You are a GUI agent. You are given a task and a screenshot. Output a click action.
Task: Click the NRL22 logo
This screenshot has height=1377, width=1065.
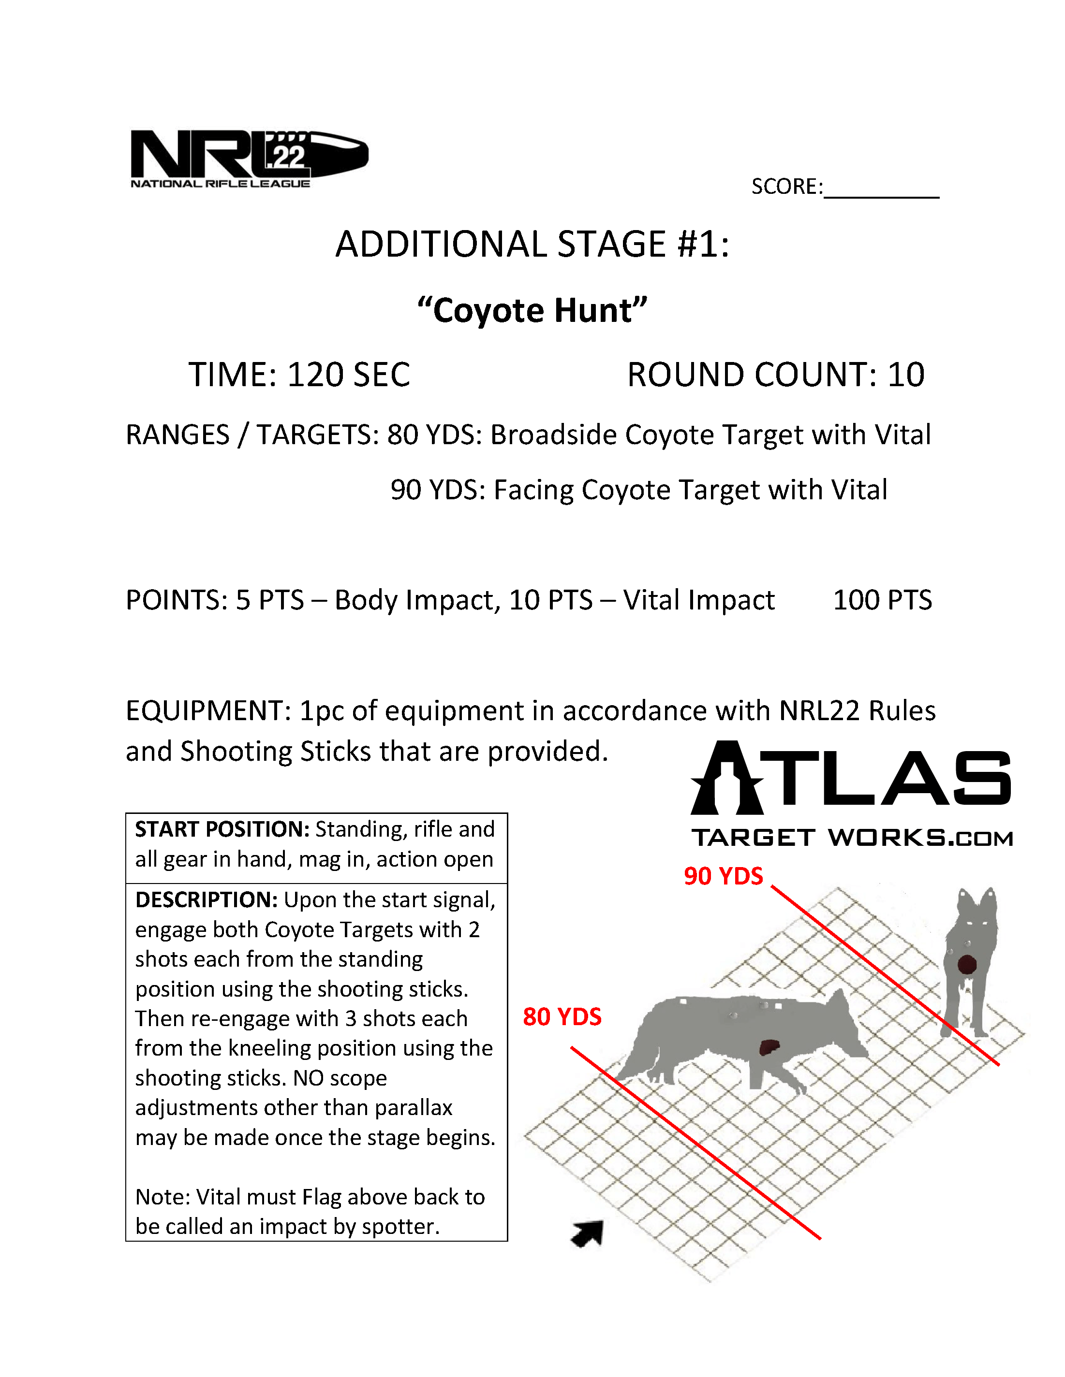249,158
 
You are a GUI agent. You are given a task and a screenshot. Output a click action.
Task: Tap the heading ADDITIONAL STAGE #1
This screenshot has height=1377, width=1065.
532,244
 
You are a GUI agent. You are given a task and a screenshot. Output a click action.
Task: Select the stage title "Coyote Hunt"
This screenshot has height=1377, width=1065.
532,310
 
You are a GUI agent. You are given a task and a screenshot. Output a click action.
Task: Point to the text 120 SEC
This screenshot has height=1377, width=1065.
348,375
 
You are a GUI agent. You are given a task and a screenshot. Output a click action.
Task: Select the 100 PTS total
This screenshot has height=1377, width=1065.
882,600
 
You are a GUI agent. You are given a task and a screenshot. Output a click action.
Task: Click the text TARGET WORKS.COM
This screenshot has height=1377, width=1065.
852,838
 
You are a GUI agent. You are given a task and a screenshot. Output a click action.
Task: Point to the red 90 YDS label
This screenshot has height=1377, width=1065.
723,876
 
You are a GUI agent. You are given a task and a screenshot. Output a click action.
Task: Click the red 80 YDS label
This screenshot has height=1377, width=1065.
562,1016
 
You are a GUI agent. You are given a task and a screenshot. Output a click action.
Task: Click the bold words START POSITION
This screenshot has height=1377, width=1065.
222,829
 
